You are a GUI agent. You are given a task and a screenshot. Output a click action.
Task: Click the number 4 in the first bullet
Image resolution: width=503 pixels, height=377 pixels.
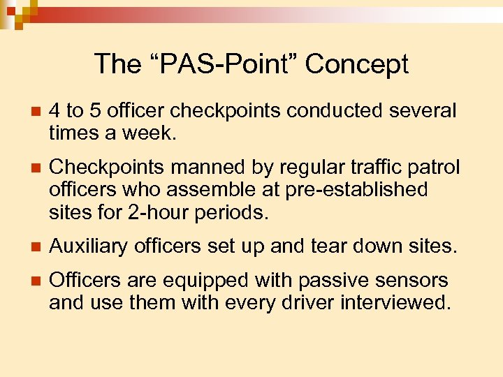pyautogui.click(x=55, y=111)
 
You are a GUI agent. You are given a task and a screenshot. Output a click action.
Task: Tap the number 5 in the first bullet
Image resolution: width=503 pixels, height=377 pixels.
pyautogui.click(x=96, y=111)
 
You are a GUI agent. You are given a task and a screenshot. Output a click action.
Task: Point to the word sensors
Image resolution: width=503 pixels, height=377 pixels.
pyautogui.click(x=413, y=281)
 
